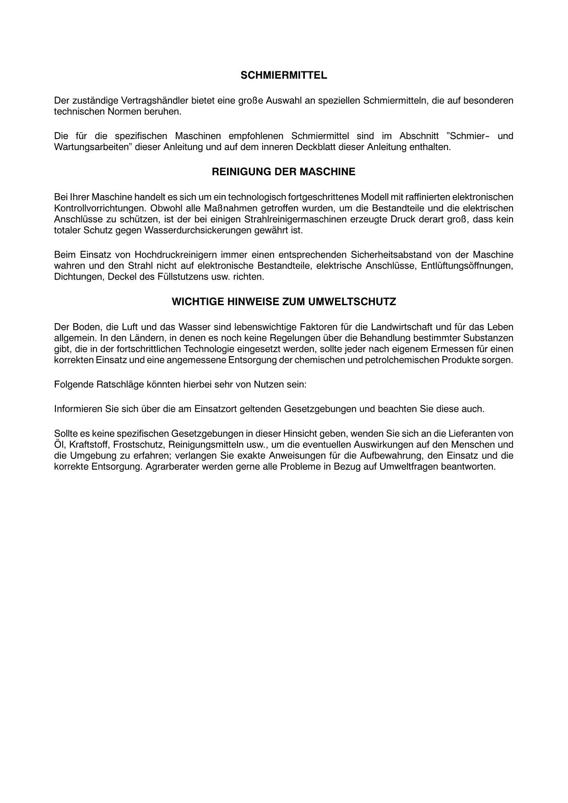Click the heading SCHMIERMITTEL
pos(284,75)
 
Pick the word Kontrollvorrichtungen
pos(99,208)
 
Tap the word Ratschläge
pos(119,384)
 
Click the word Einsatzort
pos(215,409)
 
